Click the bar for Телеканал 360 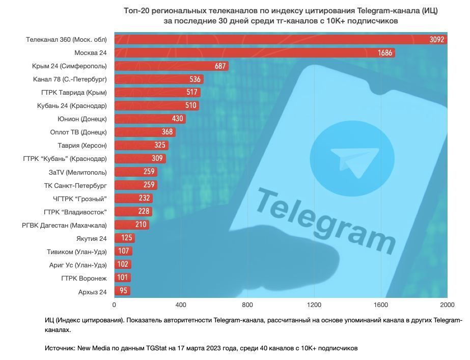(x=280, y=39)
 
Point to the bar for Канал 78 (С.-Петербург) (x=158, y=79)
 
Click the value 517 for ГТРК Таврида (x=192, y=92)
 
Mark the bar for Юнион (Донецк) (x=150, y=119)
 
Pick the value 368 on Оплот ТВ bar (x=167, y=132)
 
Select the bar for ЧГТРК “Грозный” (x=133, y=198)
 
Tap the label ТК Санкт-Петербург (x=75, y=185)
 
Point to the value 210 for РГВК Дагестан (x=141, y=225)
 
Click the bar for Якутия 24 (x=124, y=238)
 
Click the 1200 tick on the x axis (x=314, y=304)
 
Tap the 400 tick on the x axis (x=181, y=304)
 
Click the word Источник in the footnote (x=60, y=348)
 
